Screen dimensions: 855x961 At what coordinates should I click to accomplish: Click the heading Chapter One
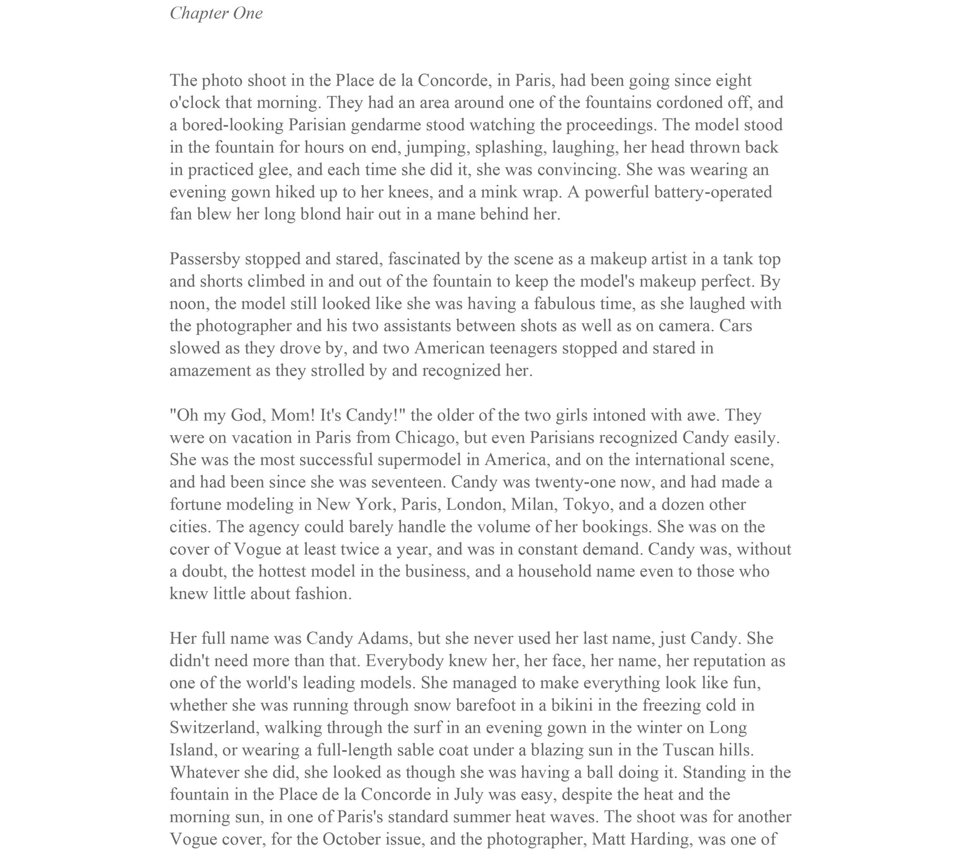pos(216,13)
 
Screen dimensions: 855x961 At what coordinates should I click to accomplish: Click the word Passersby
pos(205,259)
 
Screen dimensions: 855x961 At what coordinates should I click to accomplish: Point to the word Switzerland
pos(214,728)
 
